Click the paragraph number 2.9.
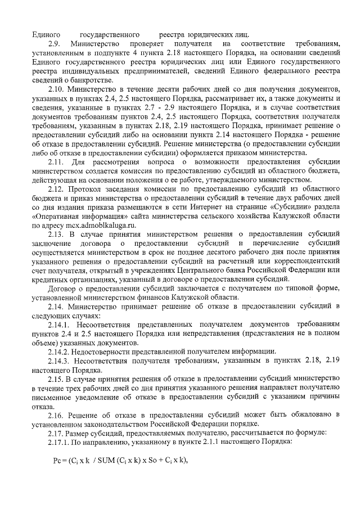point(55,43)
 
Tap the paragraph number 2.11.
point(58,163)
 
